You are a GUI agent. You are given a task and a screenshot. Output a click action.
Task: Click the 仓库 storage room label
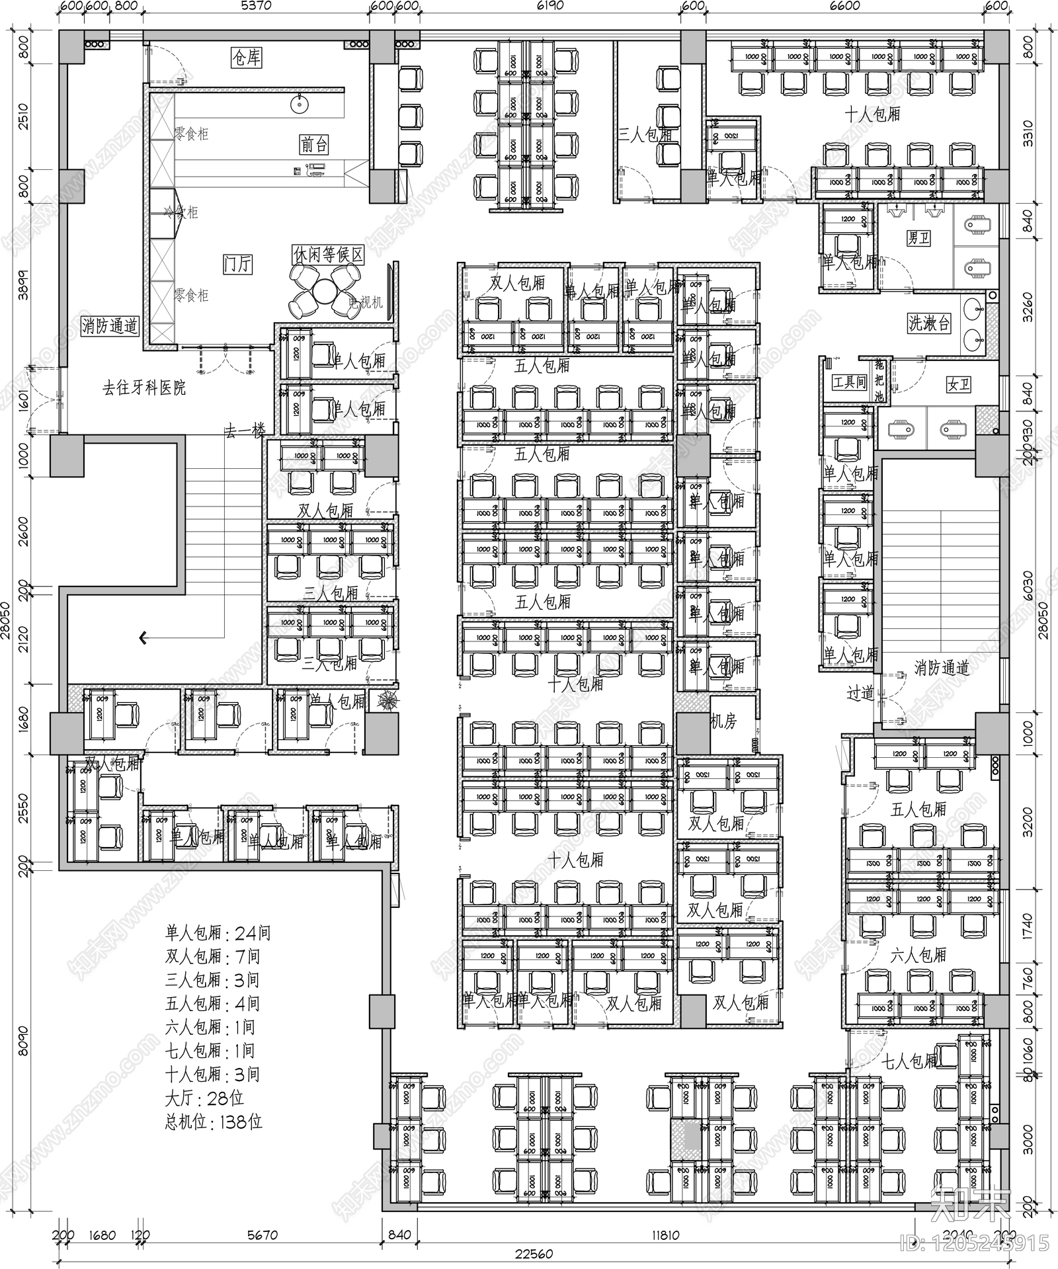tap(246, 58)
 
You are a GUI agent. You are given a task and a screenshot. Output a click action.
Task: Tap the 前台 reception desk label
tap(313, 145)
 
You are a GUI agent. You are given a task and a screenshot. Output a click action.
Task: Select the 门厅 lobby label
tap(237, 264)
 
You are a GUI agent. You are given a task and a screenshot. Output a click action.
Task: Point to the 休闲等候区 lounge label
tap(328, 255)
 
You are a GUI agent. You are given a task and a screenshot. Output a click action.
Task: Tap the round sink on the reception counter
tap(300, 103)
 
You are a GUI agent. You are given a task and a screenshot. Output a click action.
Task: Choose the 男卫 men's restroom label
tap(918, 237)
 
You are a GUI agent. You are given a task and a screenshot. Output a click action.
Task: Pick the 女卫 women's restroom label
tap(958, 384)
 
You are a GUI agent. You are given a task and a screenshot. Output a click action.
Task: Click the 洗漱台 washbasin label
tap(929, 323)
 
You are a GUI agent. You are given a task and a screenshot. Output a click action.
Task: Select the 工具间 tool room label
tap(849, 382)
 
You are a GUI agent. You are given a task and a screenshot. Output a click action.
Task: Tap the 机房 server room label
tap(723, 721)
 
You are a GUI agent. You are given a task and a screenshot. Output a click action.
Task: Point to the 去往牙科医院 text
tap(144, 388)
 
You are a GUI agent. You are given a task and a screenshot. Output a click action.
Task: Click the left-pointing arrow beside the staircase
tap(143, 638)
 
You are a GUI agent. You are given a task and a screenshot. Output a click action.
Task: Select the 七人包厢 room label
tap(911, 1061)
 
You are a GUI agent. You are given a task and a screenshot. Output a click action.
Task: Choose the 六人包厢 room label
tap(918, 955)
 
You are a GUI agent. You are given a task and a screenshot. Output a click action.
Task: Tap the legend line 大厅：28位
tap(204, 1098)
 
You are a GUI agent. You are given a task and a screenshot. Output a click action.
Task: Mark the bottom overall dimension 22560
tap(534, 1254)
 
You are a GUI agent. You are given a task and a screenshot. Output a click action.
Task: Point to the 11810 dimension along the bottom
tap(665, 1235)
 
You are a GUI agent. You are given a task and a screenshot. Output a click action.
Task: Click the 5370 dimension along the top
tap(257, 6)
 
